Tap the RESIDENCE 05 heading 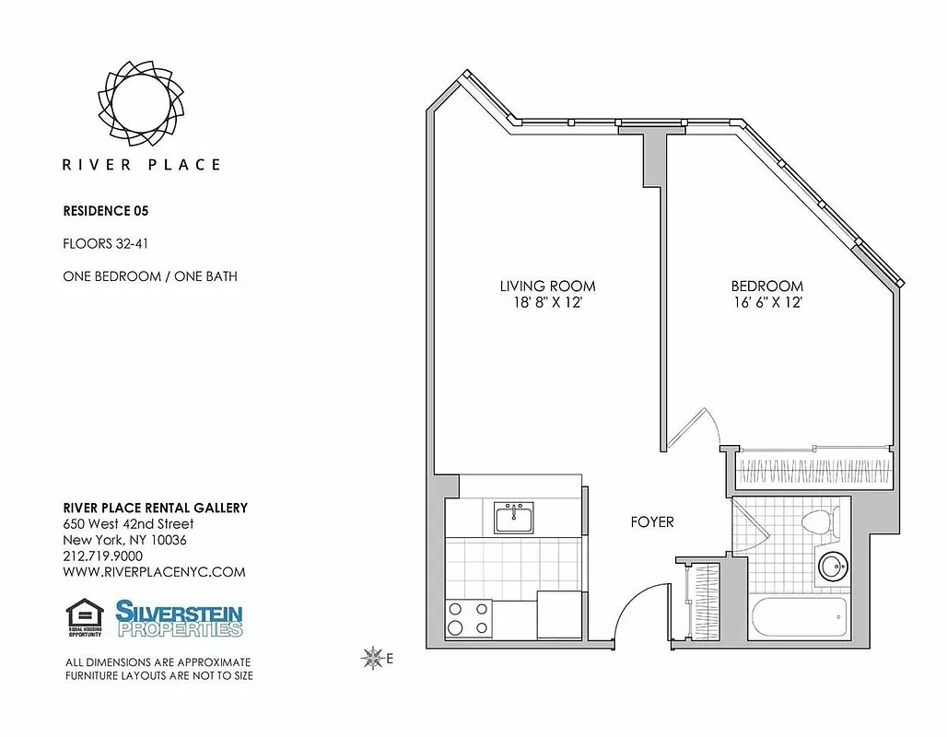[106, 211]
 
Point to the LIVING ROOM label [547, 287]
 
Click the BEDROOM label [767, 287]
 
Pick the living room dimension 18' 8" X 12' [547, 303]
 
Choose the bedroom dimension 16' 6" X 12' [767, 303]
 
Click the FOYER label [651, 522]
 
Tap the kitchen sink [515, 518]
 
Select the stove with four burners [468, 618]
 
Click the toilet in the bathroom [814, 522]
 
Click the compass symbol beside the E [373, 657]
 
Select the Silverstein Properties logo [179, 618]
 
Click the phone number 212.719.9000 [102, 556]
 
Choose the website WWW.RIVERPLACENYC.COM [154, 572]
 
